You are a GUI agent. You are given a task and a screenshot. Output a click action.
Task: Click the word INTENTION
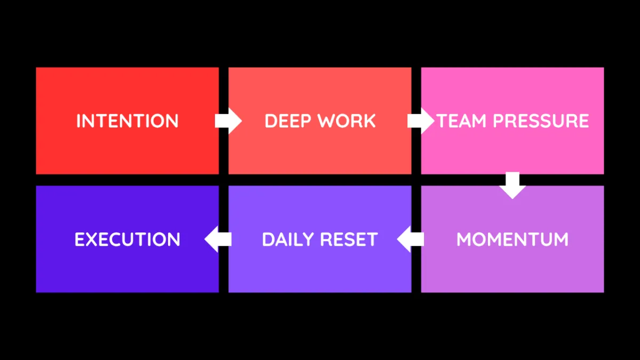click(127, 121)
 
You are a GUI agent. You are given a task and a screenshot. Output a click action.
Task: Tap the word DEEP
click(287, 121)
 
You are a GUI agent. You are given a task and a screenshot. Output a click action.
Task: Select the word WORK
click(347, 121)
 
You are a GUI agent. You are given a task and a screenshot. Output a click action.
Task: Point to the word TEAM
click(461, 121)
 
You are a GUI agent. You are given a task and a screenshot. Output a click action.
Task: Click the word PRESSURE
click(541, 121)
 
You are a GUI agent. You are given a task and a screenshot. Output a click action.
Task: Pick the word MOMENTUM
click(513, 239)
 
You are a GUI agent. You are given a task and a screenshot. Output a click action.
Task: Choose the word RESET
click(349, 239)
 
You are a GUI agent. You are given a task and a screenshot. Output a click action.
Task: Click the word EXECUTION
click(127, 239)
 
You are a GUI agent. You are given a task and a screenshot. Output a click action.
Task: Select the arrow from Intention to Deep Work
click(228, 121)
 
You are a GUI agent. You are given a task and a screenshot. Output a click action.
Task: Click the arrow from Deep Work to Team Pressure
click(421, 121)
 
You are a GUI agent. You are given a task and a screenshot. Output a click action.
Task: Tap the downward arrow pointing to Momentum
click(513, 186)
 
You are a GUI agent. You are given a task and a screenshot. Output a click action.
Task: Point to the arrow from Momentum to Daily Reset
click(410, 239)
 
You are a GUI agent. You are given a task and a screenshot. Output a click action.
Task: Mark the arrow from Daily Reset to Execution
click(218, 239)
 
